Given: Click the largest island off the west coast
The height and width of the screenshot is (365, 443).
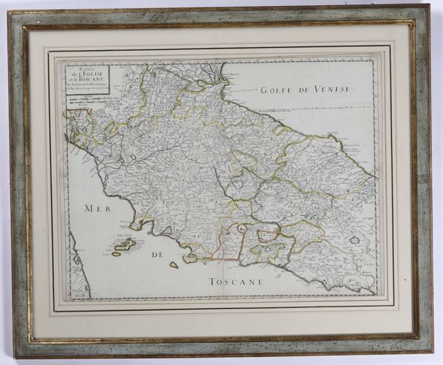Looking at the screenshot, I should (124, 244).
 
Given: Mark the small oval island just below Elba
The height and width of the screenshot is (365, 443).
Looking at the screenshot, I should (117, 254).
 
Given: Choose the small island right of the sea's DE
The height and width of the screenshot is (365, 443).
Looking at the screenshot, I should (174, 264).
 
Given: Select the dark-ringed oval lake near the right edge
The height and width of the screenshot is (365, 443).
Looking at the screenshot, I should (354, 239).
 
